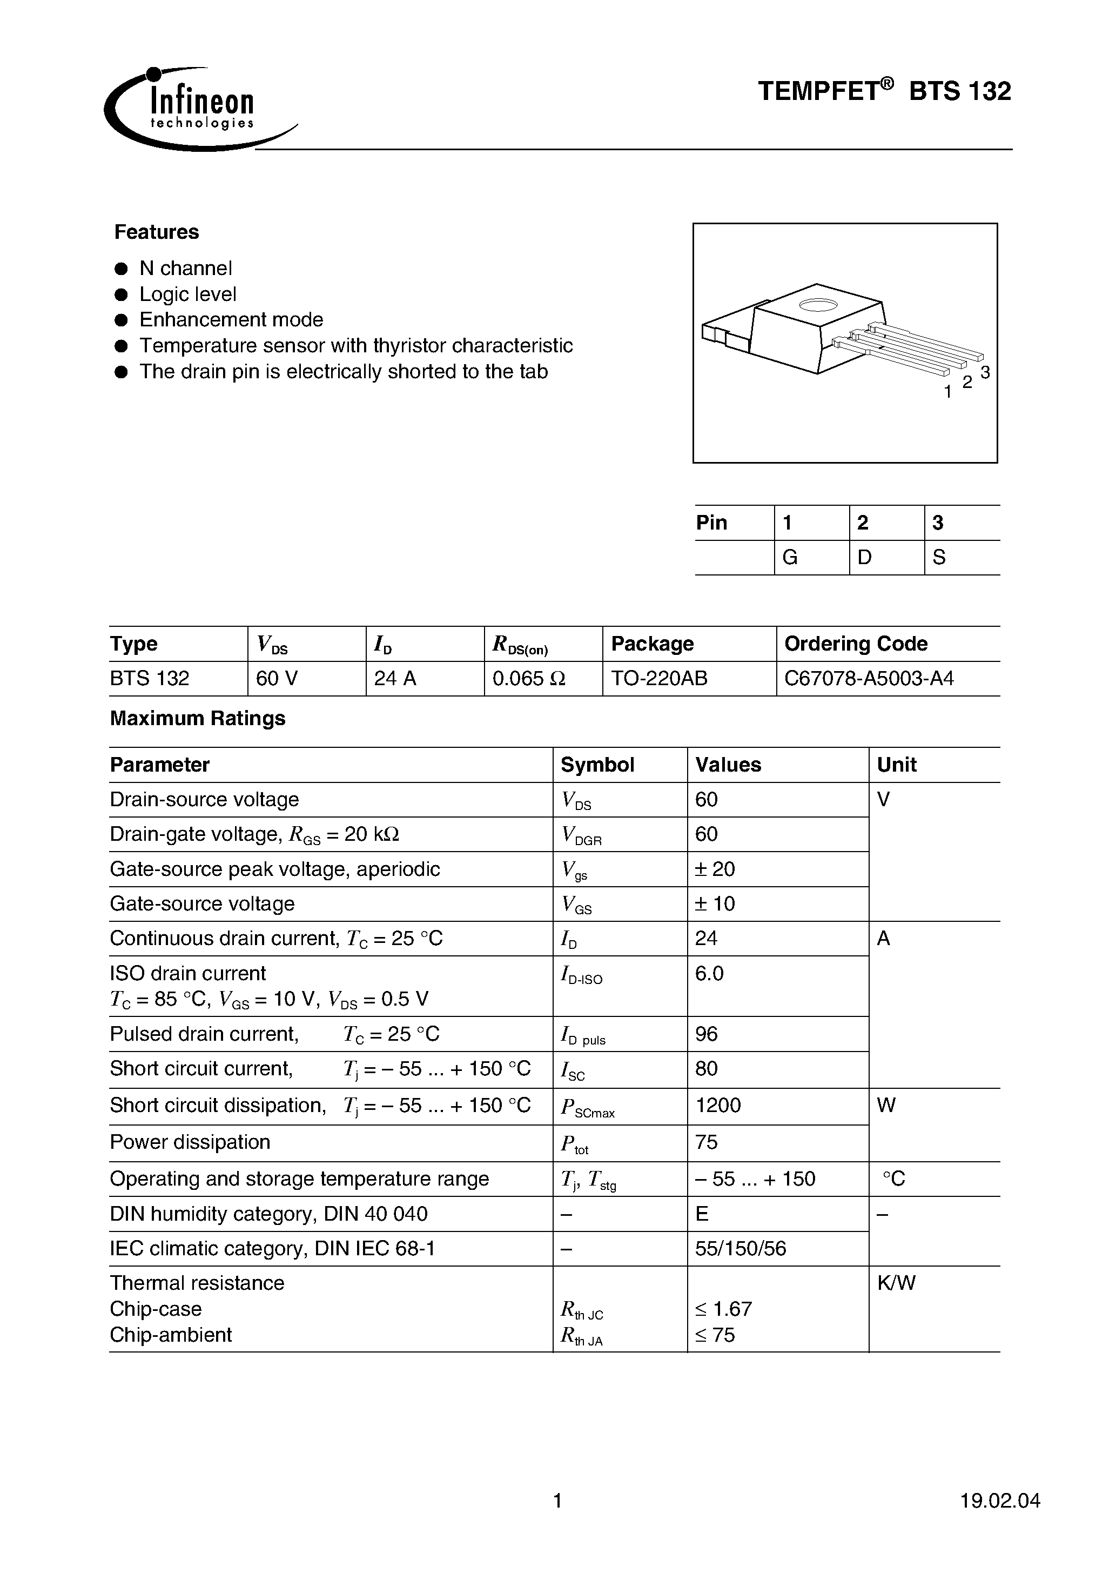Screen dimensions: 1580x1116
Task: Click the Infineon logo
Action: (193, 110)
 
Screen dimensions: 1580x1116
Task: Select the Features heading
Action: (156, 232)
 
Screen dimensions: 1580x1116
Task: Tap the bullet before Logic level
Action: (122, 294)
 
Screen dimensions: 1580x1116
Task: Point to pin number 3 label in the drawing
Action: (985, 372)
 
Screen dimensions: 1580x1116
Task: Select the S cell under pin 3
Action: (939, 558)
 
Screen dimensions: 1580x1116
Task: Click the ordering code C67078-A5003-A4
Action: (869, 679)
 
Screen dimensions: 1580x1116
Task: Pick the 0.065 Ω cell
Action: (528, 679)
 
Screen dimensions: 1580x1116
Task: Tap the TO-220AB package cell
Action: (658, 679)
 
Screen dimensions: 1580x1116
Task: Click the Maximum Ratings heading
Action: (198, 719)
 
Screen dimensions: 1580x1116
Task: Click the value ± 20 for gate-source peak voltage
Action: (715, 869)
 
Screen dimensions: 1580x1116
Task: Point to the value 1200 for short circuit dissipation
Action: (718, 1105)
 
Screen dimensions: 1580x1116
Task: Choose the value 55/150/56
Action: (741, 1248)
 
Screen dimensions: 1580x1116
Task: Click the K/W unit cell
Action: (896, 1283)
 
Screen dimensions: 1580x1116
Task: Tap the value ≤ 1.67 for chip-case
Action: (723, 1309)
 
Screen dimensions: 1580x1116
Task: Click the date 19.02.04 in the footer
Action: (1000, 1500)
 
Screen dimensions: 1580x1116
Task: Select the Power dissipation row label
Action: (190, 1142)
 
